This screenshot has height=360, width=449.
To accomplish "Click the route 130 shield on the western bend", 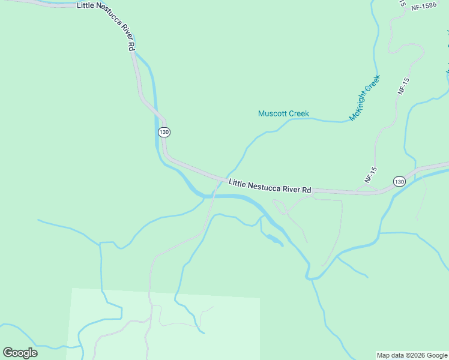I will (164, 132).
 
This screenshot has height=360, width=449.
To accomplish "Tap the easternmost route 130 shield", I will (400, 181).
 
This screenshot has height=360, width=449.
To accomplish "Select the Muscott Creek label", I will (283, 113).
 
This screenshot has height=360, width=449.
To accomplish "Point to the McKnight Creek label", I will (365, 98).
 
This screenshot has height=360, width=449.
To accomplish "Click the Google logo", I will (20, 353).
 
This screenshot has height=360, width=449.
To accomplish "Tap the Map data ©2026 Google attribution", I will (412, 355).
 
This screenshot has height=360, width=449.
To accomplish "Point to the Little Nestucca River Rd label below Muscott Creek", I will (270, 186).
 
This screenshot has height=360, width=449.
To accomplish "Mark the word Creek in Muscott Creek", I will (299, 113).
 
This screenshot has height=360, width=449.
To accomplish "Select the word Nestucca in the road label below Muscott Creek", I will (262, 185).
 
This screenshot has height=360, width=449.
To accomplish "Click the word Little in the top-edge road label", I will (86, 5).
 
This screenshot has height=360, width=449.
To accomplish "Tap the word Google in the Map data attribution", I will (437, 355).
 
